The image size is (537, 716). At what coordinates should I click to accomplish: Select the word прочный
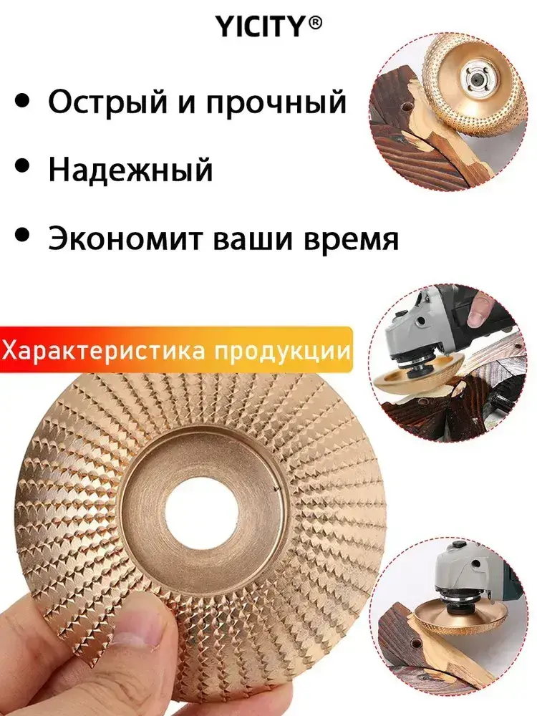coord(276,102)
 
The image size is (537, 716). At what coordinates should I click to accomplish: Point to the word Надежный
coord(131,170)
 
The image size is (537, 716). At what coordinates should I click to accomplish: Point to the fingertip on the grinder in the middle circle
coord(478,312)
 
